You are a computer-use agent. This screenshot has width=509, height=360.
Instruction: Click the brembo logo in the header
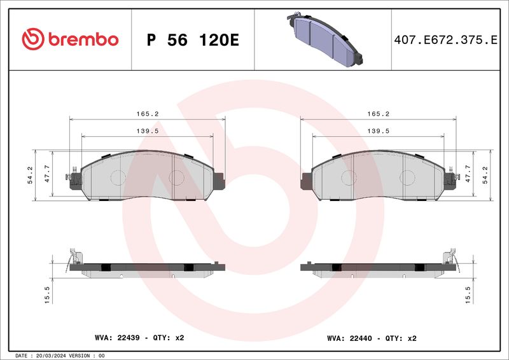click(x=70, y=39)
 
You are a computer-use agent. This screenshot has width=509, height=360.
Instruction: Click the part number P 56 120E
click(x=193, y=40)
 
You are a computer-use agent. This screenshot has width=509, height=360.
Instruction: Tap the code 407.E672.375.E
click(x=446, y=40)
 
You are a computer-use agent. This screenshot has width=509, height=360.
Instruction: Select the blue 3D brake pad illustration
click(x=324, y=39)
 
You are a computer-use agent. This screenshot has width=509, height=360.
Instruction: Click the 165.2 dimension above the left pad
click(x=148, y=114)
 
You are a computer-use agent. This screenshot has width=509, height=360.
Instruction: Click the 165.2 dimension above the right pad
click(x=378, y=114)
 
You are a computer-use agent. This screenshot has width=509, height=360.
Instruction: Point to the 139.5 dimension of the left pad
click(x=148, y=131)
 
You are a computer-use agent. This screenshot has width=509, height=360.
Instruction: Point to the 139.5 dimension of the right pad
click(x=378, y=131)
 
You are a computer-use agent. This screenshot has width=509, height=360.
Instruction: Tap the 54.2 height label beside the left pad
click(x=30, y=175)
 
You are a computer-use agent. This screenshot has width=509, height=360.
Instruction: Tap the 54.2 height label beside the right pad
click(x=485, y=175)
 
